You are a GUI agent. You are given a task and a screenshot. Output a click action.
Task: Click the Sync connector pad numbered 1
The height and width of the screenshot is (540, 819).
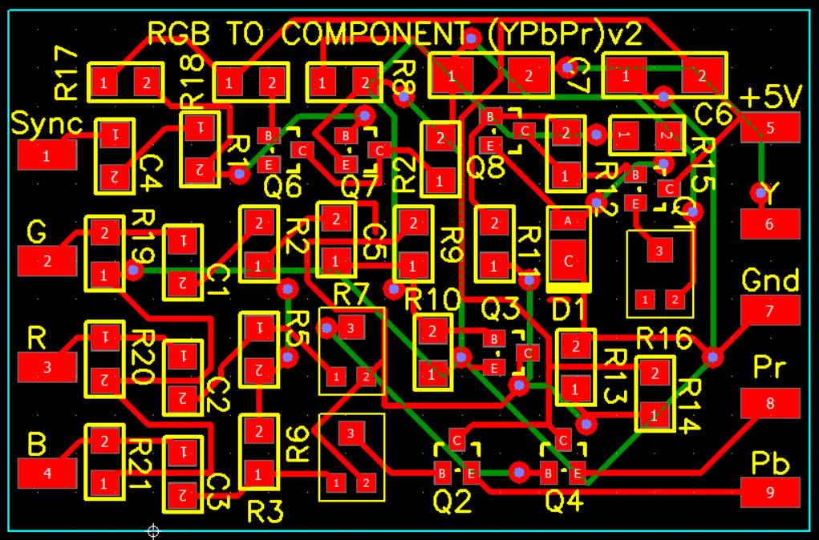[47, 155]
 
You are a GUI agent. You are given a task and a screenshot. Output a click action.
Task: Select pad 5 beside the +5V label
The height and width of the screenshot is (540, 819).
[770, 127]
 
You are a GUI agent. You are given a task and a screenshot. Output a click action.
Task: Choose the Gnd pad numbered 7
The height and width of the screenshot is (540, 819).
[770, 310]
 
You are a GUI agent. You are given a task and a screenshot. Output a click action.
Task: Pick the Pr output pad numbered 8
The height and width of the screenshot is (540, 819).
[770, 403]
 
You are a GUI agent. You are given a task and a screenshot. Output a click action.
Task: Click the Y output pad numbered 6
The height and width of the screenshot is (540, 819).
[770, 224]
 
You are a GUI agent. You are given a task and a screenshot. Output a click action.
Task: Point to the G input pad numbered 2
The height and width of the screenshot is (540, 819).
[47, 260]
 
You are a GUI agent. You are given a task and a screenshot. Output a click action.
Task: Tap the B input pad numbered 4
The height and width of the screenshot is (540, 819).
[47, 472]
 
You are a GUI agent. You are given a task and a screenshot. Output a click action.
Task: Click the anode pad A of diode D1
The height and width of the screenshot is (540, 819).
[568, 220]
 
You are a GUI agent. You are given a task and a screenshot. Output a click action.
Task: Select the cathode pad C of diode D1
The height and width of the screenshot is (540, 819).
[568, 260]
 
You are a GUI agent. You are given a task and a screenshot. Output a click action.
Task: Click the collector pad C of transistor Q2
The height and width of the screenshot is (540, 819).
[456, 440]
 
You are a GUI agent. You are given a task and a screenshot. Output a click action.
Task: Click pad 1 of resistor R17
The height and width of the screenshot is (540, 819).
[103, 81]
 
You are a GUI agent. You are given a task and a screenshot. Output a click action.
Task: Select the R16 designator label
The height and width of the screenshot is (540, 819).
[664, 339]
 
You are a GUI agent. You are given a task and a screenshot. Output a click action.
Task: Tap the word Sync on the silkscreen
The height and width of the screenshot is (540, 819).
[47, 124]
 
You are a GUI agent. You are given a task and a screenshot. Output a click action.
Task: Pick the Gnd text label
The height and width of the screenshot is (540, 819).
[770, 280]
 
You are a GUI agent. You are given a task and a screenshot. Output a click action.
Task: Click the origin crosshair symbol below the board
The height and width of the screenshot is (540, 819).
[153, 530]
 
